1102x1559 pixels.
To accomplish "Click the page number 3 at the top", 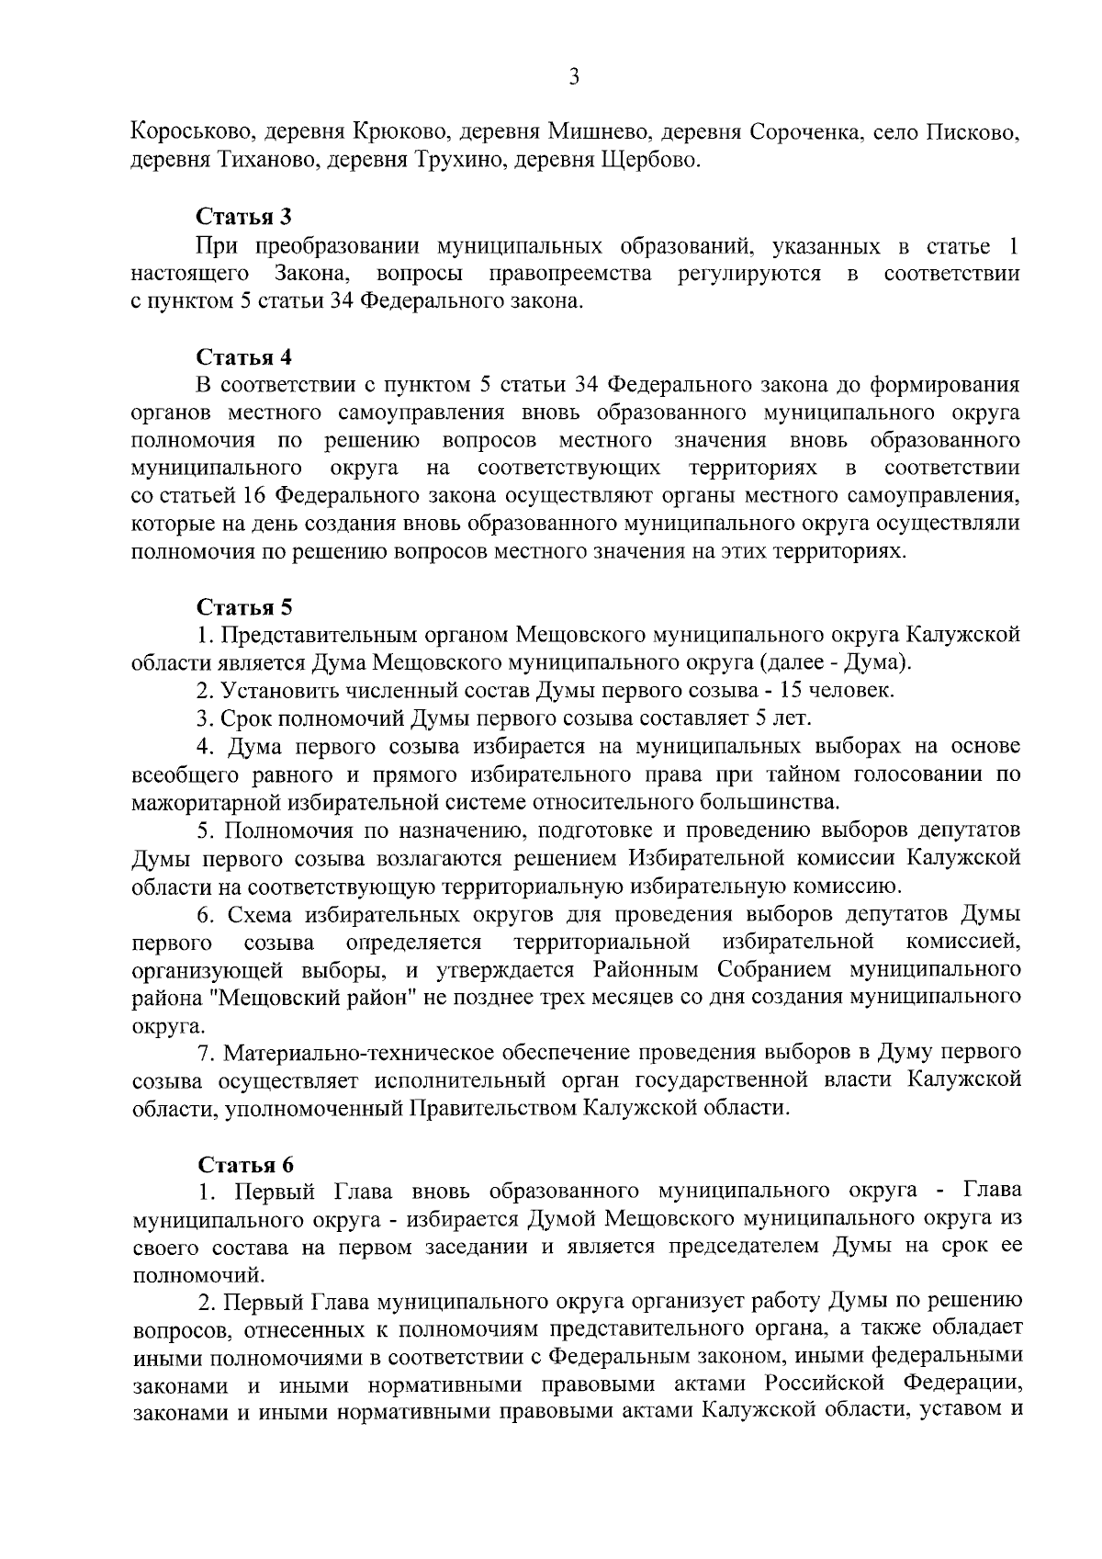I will [573, 78].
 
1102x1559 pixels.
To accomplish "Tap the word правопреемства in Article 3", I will [569, 274].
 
